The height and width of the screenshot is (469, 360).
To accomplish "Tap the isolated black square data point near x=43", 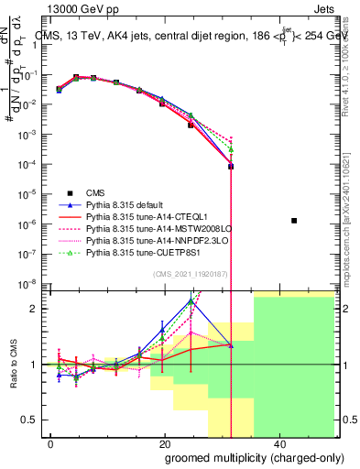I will (x=294, y=221).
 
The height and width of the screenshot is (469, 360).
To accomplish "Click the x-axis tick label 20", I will (x=165, y=443).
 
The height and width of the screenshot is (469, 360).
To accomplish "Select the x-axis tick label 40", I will (x=279, y=443).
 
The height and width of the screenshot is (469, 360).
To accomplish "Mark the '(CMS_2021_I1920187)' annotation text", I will (x=194, y=274).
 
